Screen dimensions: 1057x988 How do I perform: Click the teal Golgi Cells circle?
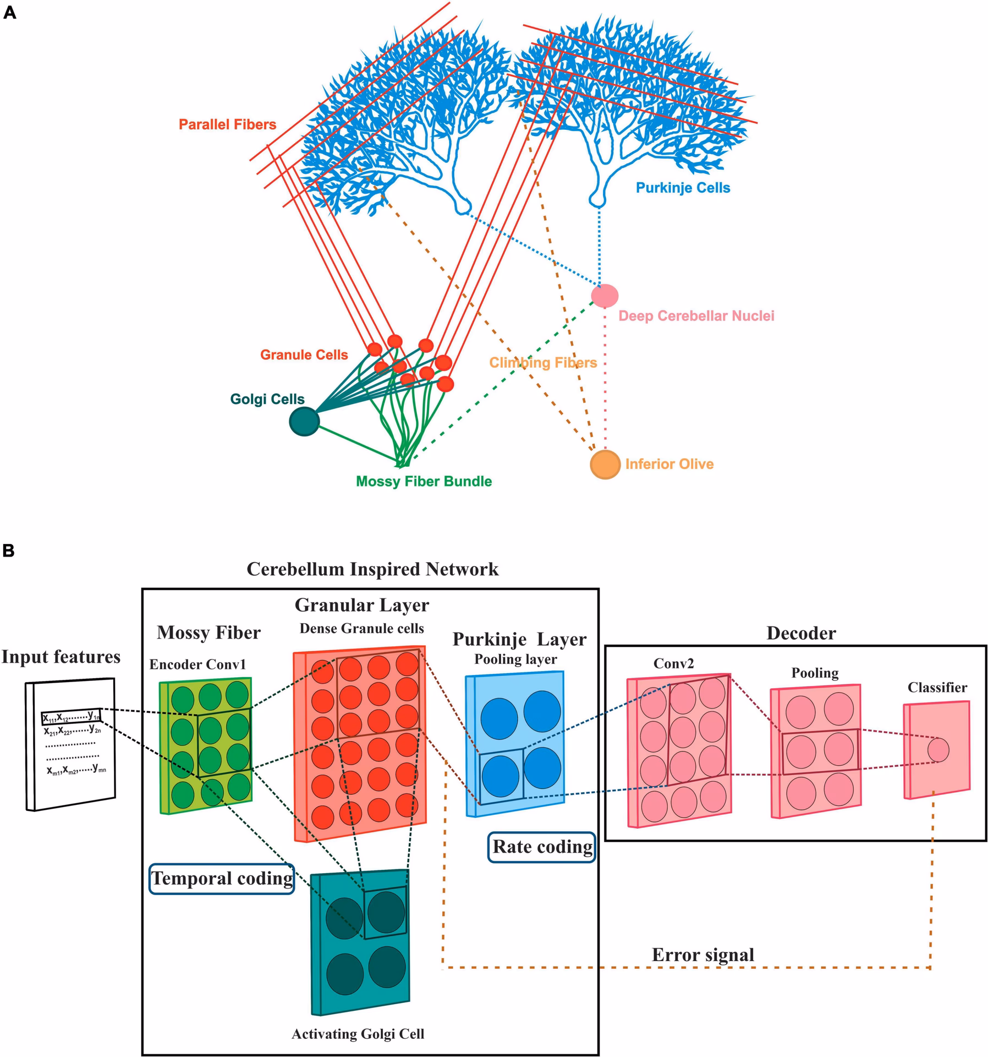(304, 421)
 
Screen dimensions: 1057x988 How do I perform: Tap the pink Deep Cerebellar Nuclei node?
(605, 296)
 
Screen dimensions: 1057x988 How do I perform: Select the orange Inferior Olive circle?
(605, 464)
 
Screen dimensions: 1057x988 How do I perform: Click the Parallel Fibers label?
(227, 124)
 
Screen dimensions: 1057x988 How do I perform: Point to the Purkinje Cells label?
(683, 188)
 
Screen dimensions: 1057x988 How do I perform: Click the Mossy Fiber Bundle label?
(424, 481)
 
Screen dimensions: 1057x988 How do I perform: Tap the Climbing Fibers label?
(543, 362)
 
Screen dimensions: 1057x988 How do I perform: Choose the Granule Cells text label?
(304, 355)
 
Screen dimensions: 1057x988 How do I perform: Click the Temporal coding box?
(222, 878)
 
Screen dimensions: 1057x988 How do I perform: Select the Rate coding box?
(542, 846)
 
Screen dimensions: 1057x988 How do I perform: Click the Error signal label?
(702, 955)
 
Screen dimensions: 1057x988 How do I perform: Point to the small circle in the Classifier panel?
(938, 750)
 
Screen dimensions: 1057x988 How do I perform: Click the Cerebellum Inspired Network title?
(372, 569)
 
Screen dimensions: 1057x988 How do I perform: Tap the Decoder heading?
(801, 633)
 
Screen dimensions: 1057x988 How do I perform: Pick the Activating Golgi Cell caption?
(358, 1034)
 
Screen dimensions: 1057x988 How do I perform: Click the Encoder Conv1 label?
(197, 664)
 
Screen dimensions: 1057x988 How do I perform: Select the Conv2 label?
(673, 663)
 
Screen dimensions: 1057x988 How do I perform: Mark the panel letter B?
(9, 551)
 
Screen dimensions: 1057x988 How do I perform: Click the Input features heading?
(61, 657)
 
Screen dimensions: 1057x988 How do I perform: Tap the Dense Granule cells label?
(361, 629)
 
